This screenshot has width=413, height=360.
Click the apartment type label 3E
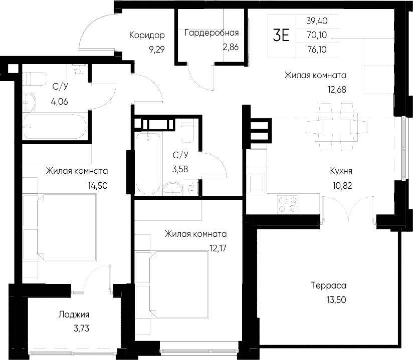(x=281, y=35)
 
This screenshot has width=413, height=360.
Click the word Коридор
(x=147, y=35)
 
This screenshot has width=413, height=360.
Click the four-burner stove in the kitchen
(x=288, y=203)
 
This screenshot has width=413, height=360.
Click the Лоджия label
(x=74, y=314)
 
